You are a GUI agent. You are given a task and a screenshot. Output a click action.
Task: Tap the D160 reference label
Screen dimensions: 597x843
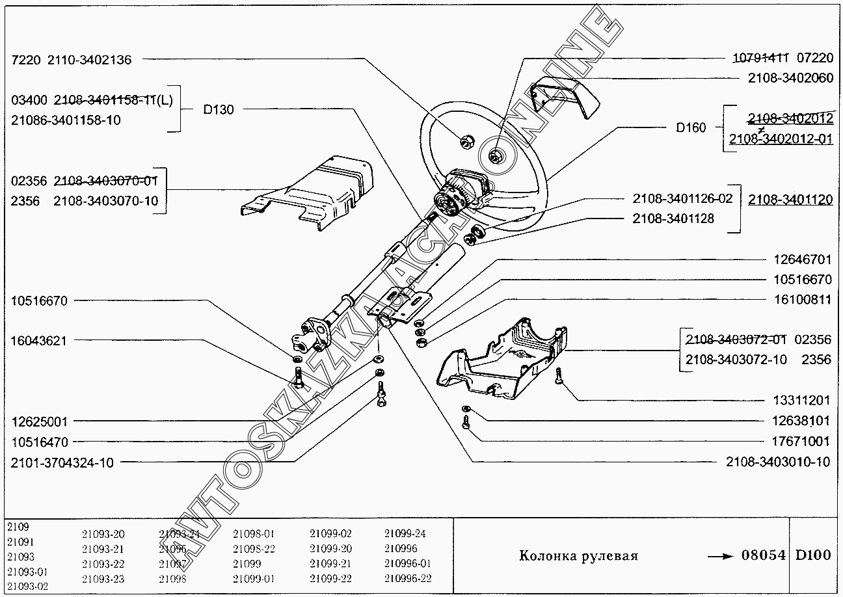(691, 127)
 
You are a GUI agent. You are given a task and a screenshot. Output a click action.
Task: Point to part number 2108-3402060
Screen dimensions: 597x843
(790, 78)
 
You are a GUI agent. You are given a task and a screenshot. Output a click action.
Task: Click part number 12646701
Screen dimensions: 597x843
(801, 259)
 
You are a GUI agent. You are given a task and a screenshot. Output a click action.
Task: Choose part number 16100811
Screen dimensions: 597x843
(801, 300)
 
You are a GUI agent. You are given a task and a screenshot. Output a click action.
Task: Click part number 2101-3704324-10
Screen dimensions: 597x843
(62, 462)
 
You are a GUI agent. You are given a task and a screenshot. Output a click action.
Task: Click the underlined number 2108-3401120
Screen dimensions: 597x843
(790, 200)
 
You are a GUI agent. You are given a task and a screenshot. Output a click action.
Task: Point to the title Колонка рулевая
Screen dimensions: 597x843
(578, 556)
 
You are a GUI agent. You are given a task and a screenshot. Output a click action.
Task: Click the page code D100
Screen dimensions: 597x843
(814, 555)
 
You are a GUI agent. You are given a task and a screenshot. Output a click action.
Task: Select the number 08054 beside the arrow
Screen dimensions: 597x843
(764, 555)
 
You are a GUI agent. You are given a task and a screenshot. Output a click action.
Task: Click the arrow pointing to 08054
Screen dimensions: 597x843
(719, 556)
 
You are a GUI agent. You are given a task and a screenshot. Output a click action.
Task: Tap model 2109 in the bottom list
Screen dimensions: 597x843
(19, 526)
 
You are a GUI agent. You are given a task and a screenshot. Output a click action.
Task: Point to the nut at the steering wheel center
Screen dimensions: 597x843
(496, 155)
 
